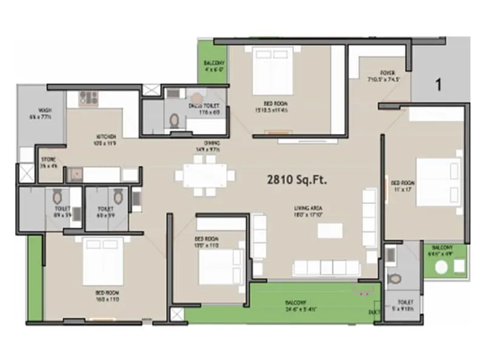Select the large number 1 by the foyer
[x=437, y=84]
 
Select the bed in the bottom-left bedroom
[x=102, y=261]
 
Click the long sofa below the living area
[x=328, y=268]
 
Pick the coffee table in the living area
[x=329, y=231]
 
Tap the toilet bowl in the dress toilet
[x=175, y=121]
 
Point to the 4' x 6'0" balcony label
[x=213, y=66]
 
